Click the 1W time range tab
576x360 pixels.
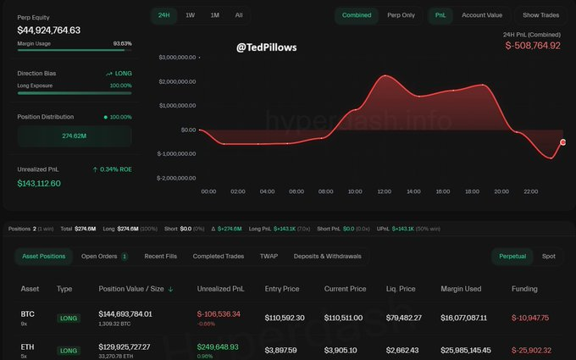tap(190, 15)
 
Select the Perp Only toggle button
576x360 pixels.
tap(401, 15)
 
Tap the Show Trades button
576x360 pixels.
tap(540, 15)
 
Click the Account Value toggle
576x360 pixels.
tap(482, 15)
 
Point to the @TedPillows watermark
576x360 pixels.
tap(267, 47)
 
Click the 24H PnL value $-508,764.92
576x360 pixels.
tap(532, 46)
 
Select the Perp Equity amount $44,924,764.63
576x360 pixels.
tap(49, 30)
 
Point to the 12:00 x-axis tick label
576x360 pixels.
tap(384, 191)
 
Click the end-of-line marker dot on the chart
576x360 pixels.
tap(562, 142)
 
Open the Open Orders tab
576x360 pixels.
tap(104, 256)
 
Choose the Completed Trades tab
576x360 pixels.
tap(219, 256)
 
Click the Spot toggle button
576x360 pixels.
tap(549, 256)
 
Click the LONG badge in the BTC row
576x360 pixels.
tap(68, 318)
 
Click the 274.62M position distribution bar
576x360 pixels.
tap(75, 136)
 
